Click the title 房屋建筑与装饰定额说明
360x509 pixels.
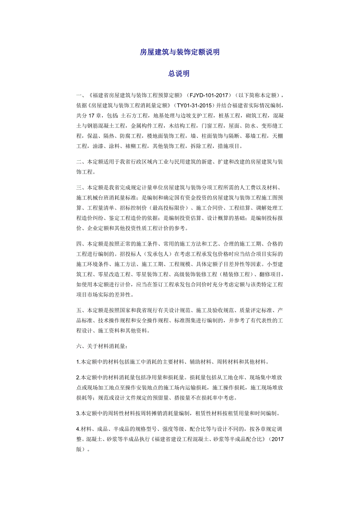[x=180, y=52]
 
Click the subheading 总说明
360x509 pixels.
[x=180, y=73]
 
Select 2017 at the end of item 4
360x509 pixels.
[x=276, y=439]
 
